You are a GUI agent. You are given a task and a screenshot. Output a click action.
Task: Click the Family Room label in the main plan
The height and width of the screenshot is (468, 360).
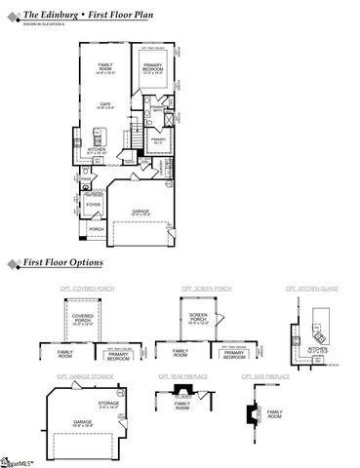[105, 67]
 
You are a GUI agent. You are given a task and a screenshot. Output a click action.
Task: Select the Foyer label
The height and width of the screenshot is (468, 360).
[93, 205]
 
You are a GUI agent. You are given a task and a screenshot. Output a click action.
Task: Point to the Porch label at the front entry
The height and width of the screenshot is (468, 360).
[97, 229]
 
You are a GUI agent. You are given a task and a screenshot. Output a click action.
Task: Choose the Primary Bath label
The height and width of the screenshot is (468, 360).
[157, 111]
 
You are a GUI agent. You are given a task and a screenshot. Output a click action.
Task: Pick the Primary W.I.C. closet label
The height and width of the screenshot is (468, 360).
[158, 140]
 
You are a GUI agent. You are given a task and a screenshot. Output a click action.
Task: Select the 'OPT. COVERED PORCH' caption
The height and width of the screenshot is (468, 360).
[78, 289]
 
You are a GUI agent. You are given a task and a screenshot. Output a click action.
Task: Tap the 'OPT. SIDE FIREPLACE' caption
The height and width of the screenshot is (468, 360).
[263, 375]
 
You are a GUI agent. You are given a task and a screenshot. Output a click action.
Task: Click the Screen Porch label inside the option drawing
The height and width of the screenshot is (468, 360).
[199, 317]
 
